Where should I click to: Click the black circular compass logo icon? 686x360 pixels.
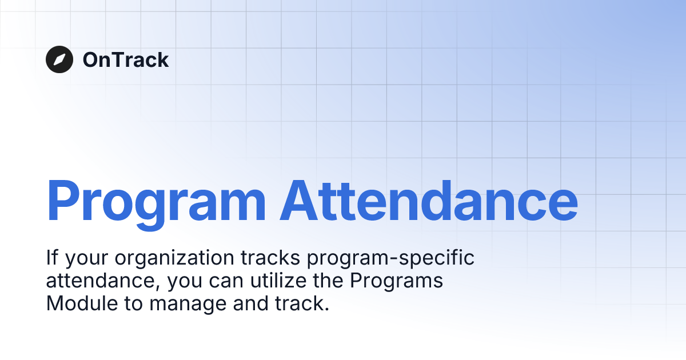tap(59, 59)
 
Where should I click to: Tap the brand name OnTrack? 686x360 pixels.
tap(126, 59)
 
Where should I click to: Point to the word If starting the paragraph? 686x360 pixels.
tap(52, 258)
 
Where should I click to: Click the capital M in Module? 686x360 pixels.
tap(54, 304)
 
